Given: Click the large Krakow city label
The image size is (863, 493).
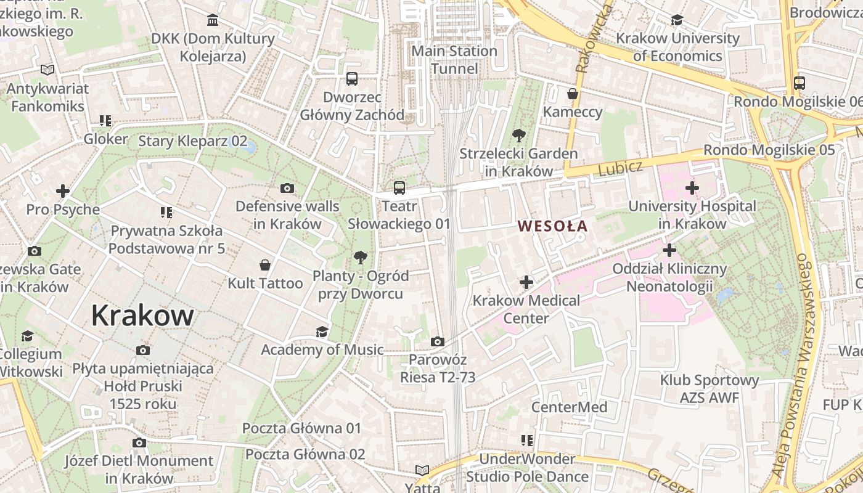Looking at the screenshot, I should click(x=142, y=316).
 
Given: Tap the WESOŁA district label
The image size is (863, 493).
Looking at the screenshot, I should click(x=553, y=226).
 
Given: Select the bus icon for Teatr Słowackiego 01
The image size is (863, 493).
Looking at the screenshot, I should click(x=399, y=188).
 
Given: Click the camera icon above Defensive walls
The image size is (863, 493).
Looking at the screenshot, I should click(x=287, y=189).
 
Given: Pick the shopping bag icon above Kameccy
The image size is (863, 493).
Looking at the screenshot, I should click(x=573, y=94).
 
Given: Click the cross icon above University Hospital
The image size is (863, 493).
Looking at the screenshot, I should click(x=692, y=188).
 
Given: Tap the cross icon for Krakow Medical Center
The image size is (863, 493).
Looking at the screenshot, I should click(x=526, y=283).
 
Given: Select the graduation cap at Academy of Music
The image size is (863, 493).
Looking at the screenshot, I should click(x=322, y=332).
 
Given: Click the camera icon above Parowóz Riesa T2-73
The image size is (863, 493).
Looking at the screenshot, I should click(x=437, y=341).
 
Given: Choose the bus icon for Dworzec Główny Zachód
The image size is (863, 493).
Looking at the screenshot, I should click(x=351, y=79).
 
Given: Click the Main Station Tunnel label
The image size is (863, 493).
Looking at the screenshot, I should click(x=454, y=59).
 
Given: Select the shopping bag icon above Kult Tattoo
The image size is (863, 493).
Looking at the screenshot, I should click(x=265, y=266).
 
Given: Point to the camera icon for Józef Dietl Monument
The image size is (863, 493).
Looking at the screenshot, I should click(x=139, y=442).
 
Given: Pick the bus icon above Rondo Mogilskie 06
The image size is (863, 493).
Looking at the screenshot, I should click(x=799, y=83).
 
